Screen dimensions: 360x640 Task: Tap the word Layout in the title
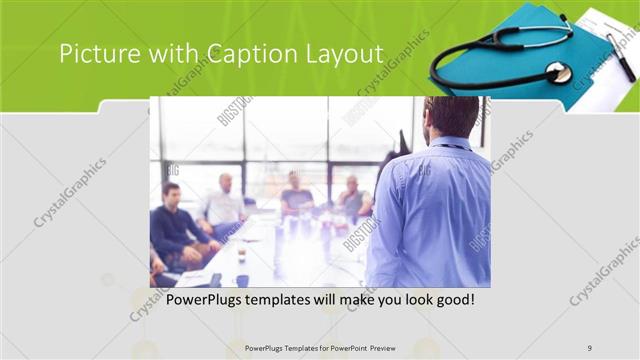point(344,53)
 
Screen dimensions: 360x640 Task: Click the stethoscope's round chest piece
point(558,72)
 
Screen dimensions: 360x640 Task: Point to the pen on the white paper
point(619,56)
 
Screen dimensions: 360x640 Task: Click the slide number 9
point(590,348)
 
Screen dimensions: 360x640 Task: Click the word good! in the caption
point(451,299)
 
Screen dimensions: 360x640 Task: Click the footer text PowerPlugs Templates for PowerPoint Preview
point(320,348)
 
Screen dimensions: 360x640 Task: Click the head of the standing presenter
point(452,115)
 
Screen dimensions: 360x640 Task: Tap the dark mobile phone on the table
point(216,279)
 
